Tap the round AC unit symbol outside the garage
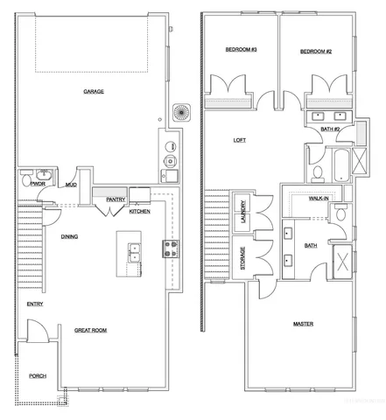coord(182,113)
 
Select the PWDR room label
coord(38,185)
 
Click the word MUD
coord(69,185)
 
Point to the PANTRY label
coord(116,199)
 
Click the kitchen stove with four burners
coord(168,248)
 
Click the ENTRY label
coord(35,304)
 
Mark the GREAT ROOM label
coord(90,330)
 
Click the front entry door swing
coord(37,332)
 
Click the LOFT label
coord(239,139)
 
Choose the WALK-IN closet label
coord(319,199)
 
